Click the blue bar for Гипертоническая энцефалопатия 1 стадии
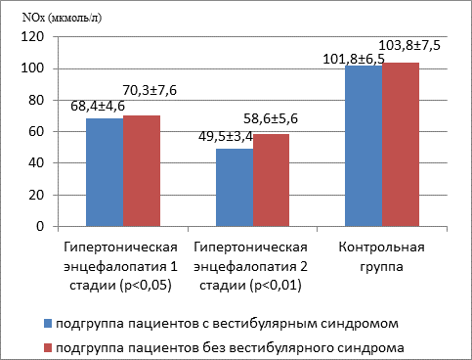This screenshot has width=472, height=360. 105,172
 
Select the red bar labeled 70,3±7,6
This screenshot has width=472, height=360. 142,171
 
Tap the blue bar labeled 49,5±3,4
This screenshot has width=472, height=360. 235,188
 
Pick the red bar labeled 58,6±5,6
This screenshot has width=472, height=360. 271,180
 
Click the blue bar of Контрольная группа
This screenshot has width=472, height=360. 364,146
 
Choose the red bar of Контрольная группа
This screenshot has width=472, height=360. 401,145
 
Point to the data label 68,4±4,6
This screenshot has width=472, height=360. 98,106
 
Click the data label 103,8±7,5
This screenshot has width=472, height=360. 409,45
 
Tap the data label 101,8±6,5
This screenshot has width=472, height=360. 354,60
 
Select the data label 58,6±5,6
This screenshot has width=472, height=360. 271,118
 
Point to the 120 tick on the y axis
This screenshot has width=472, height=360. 32,36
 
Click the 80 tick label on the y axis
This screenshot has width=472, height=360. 36,100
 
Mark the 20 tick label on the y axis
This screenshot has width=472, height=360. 36,195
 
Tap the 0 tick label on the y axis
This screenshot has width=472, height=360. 40,226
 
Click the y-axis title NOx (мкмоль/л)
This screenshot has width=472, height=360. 62,18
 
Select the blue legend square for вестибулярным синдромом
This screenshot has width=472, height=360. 48,324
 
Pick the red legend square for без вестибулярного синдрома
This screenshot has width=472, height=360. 48,348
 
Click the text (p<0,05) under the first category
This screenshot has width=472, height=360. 146,286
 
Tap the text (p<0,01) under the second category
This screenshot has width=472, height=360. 276,286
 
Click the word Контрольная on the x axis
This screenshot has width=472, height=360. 382,247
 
